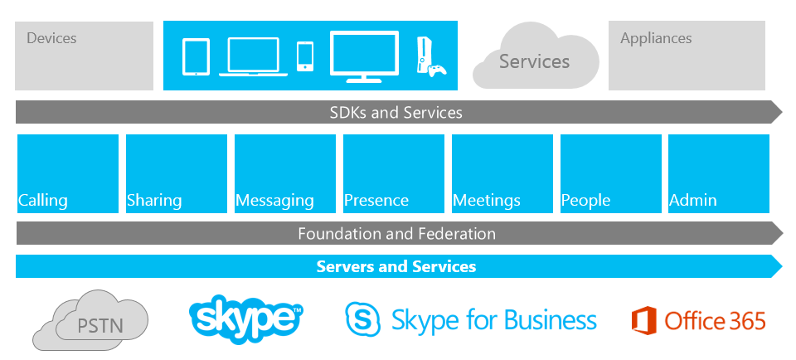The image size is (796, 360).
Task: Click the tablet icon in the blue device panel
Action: click(x=196, y=57)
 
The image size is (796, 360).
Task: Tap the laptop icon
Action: click(x=254, y=57)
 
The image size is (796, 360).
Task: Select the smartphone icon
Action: click(x=305, y=56)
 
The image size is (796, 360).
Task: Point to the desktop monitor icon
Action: click(x=364, y=56)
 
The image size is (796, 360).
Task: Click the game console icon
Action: click(x=431, y=56)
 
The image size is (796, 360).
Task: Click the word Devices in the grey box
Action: click(x=51, y=38)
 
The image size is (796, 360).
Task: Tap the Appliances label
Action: click(x=656, y=38)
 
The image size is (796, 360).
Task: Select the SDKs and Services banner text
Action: click(x=396, y=112)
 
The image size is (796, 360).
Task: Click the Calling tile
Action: click(x=68, y=173)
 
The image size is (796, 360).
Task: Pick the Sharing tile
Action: click(x=177, y=173)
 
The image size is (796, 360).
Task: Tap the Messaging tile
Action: click(x=285, y=173)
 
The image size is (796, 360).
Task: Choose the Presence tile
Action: click(x=394, y=173)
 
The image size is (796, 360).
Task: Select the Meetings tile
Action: click(x=502, y=173)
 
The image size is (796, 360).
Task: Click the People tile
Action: click(x=611, y=173)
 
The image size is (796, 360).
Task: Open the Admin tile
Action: click(x=719, y=173)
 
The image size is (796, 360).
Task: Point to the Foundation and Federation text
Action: click(x=396, y=234)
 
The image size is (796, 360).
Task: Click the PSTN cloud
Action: click(x=91, y=321)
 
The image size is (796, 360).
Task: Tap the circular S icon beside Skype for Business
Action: click(x=363, y=319)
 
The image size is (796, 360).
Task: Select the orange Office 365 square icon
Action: click(x=643, y=320)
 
